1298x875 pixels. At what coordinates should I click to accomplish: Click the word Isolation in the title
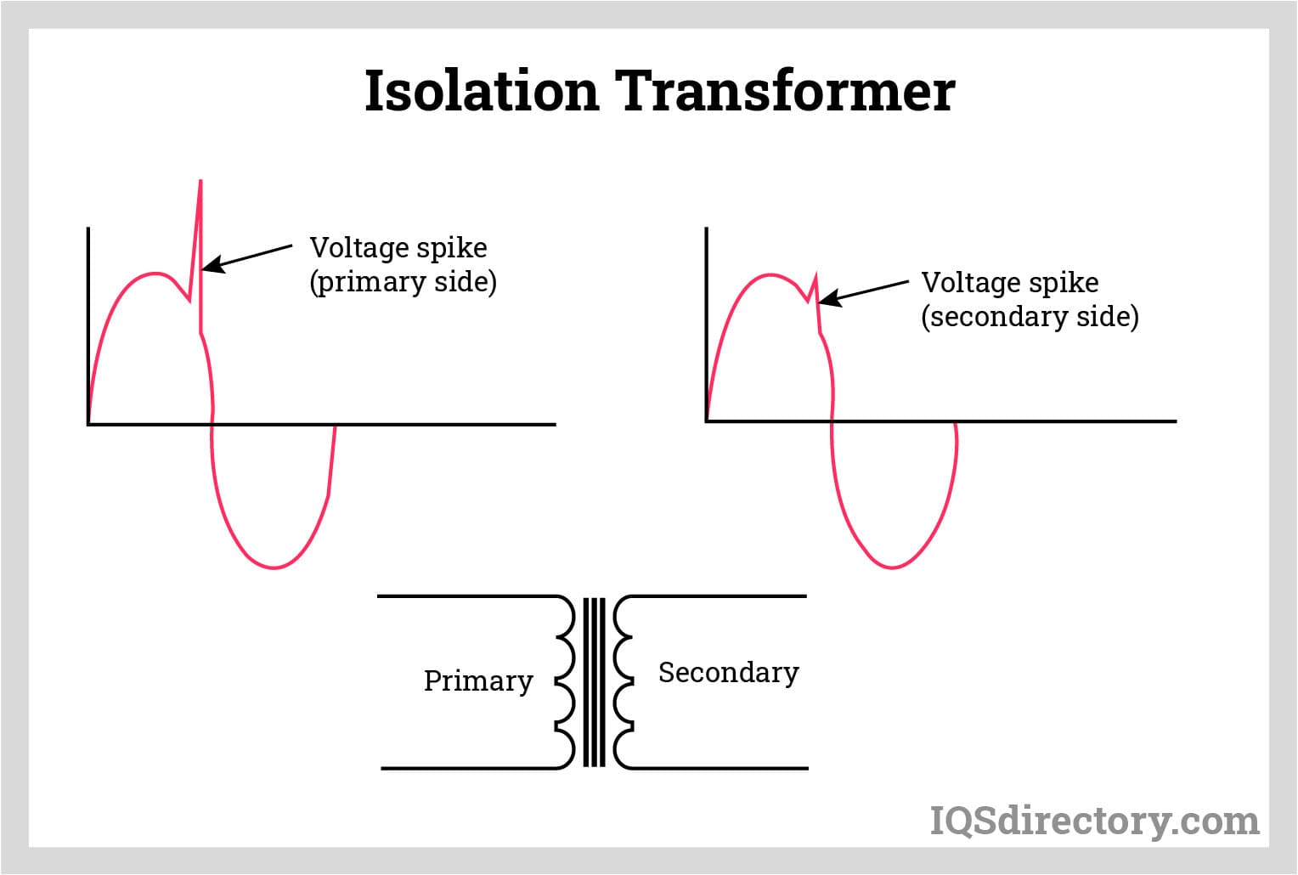pyautogui.click(x=482, y=91)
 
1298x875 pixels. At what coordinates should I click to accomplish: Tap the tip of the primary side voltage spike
pyautogui.click(x=200, y=182)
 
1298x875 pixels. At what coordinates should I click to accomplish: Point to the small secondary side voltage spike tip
pyautogui.click(x=815, y=276)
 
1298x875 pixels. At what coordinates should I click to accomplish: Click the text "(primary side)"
pyautogui.click(x=403, y=282)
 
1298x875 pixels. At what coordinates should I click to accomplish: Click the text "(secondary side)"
pyautogui.click(x=1030, y=317)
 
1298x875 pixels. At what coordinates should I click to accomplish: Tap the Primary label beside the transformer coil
pyautogui.click(x=478, y=680)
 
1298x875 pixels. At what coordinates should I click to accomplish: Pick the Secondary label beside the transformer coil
pyautogui.click(x=728, y=672)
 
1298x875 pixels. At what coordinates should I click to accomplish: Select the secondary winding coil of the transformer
pyautogui.click(x=623, y=682)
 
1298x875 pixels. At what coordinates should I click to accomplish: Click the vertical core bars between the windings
pyautogui.click(x=595, y=682)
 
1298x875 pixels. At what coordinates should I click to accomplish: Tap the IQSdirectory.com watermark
pyautogui.click(x=1095, y=821)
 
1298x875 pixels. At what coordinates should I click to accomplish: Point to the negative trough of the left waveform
pyautogui.click(x=274, y=567)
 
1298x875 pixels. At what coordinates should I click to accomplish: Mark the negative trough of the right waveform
pyautogui.click(x=892, y=566)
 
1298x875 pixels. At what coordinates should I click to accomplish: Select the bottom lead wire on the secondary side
pyautogui.click(x=722, y=769)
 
